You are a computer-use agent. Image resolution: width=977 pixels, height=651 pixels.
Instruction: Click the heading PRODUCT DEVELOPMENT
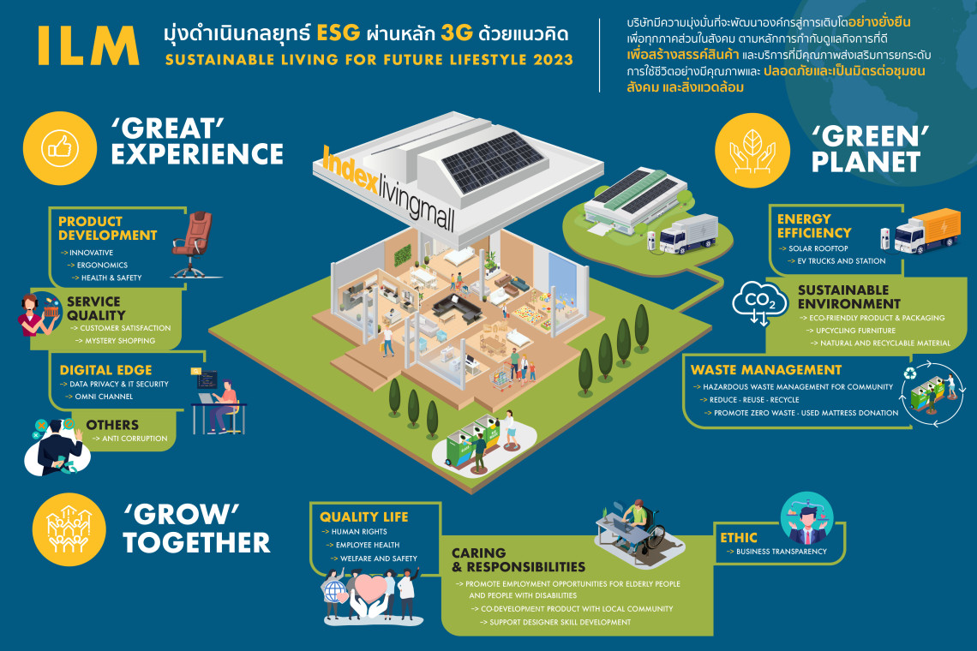(108, 228)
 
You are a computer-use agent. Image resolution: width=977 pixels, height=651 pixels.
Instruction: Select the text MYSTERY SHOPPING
(120, 341)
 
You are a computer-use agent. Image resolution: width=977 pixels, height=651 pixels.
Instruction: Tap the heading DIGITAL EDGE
(99, 370)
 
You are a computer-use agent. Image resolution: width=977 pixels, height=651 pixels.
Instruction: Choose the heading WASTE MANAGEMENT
(766, 370)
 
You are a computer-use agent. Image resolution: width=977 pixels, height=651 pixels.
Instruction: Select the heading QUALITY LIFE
(364, 517)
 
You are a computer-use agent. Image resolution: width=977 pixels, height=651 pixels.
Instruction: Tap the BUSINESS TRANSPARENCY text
(782, 552)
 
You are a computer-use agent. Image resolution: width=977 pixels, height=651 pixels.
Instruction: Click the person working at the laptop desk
(225, 403)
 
